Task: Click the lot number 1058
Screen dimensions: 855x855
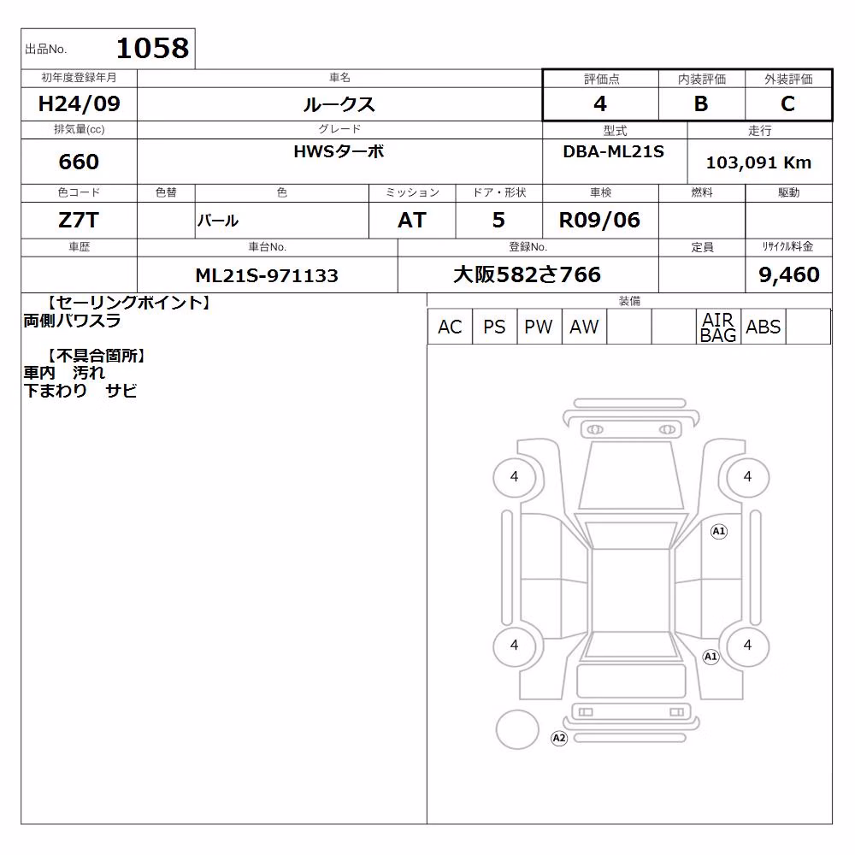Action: click(153, 48)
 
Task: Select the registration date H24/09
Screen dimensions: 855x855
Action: click(79, 103)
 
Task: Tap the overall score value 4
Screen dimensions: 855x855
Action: click(600, 103)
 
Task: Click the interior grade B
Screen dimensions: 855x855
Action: click(701, 103)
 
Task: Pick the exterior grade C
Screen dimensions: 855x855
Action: click(788, 103)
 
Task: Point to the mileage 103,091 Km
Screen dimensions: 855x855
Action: click(759, 162)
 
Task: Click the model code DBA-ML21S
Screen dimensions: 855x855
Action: click(613, 151)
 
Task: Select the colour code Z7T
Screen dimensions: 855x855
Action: click(79, 221)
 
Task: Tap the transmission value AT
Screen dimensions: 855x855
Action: click(412, 221)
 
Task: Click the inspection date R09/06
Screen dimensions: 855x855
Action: click(599, 221)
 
